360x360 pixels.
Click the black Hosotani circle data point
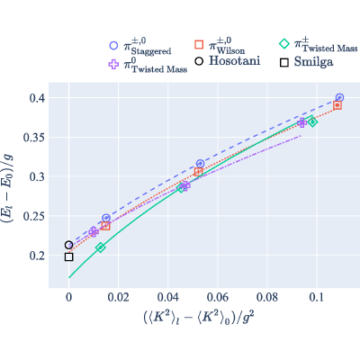(x=69, y=245)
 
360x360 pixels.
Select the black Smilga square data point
(x=69, y=256)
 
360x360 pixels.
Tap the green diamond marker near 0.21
(x=101, y=247)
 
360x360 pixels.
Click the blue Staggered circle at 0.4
(x=339, y=97)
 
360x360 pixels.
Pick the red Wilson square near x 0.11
(x=337, y=105)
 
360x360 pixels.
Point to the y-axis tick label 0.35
(x=34, y=138)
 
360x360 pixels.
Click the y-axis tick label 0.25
(x=34, y=216)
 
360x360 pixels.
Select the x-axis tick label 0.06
(x=218, y=297)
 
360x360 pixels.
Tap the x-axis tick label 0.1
(x=317, y=297)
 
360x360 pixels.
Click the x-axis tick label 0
(x=69, y=297)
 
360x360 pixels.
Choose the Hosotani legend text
(x=234, y=61)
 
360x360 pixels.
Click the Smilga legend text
(x=313, y=62)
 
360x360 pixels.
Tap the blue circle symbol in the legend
(x=113, y=46)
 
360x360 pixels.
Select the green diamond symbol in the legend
(x=284, y=44)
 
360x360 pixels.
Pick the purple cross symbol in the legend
(x=113, y=64)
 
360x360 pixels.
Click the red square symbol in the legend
(x=199, y=44)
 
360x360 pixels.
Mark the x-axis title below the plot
(x=199, y=318)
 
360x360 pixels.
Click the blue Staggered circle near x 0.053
(x=200, y=164)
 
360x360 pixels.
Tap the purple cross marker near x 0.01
(x=94, y=231)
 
